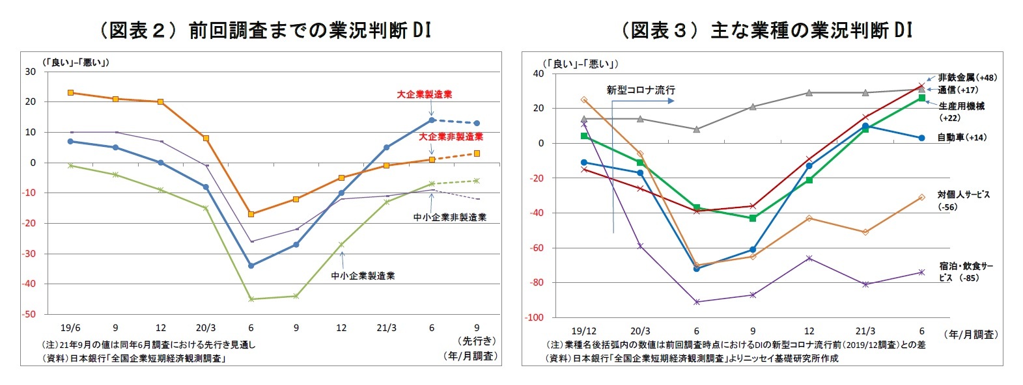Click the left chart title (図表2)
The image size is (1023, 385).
264,30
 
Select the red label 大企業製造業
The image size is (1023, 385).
424,94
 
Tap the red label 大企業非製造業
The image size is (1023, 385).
450,137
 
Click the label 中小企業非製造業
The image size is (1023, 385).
449,217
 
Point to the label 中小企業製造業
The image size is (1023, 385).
363,276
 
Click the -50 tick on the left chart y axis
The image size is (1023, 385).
29,314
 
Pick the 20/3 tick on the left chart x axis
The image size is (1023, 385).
206,328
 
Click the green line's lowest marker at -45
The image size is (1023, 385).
251,299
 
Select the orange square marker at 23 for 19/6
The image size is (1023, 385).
70,93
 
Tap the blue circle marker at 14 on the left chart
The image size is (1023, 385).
432,120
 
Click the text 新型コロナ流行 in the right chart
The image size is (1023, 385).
640,90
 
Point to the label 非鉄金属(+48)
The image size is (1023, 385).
967,77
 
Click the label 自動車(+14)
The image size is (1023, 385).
962,137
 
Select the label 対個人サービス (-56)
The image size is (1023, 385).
963,200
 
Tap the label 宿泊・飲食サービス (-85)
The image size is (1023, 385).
966,272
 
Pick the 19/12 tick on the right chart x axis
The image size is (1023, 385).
583,331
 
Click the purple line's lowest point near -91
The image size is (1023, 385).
697,302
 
